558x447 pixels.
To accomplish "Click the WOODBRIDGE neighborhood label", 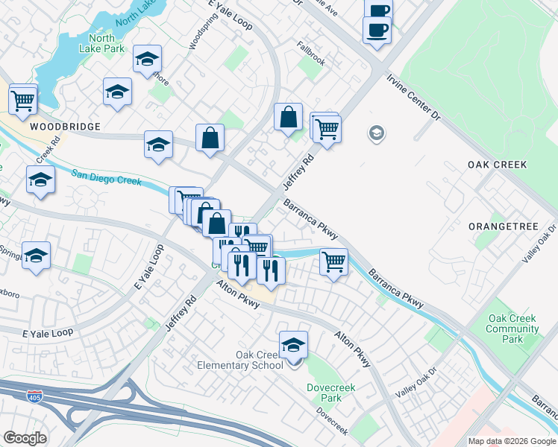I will pyautogui.click(x=65, y=127).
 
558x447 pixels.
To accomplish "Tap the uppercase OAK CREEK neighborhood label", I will pyautogui.click(x=497, y=165).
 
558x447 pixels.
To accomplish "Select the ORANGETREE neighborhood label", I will pyautogui.click(x=498, y=225).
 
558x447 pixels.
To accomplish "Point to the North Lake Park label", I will pyautogui.click(x=101, y=43).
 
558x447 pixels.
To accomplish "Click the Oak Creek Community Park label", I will pyautogui.click(x=512, y=329).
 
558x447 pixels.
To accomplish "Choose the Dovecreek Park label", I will pyautogui.click(x=325, y=393).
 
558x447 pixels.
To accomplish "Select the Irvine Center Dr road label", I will pyautogui.click(x=414, y=97).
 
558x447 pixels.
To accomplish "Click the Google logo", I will pyautogui.click(x=25, y=438).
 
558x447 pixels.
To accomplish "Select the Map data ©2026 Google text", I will pyautogui.click(x=512, y=441).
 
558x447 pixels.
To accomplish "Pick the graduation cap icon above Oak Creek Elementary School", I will pyautogui.click(x=294, y=344).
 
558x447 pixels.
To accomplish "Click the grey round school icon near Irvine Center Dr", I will pyautogui.click(x=377, y=134).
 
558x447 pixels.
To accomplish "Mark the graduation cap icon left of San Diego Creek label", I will pyautogui.click(x=40, y=180).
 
